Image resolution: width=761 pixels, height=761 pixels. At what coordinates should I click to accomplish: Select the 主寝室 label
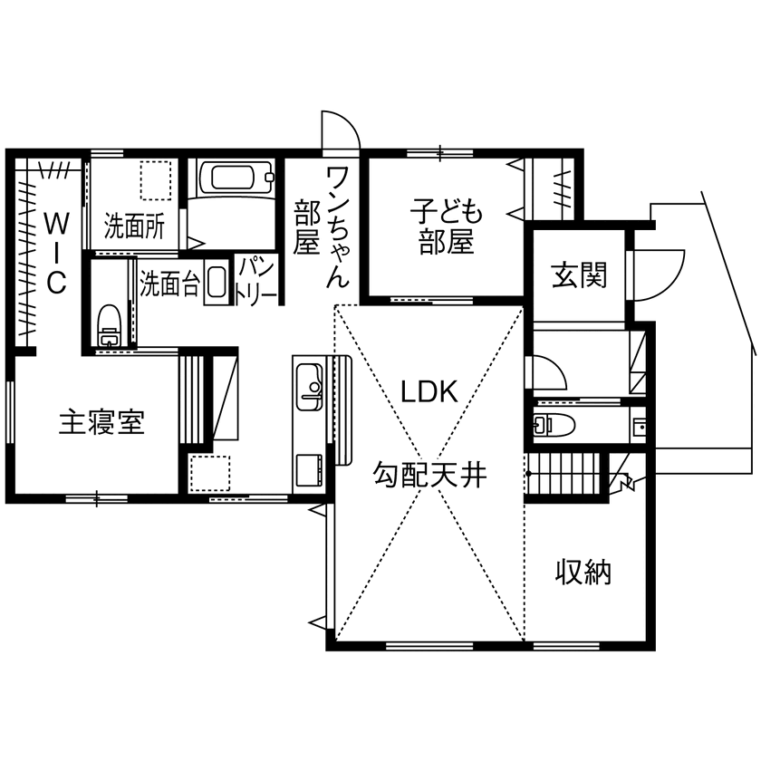[101, 422]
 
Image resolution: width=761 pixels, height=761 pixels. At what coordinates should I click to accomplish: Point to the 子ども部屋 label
[446, 229]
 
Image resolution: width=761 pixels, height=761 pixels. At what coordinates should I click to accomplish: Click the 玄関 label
[579, 275]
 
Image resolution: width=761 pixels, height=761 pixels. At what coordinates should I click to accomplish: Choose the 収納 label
[583, 572]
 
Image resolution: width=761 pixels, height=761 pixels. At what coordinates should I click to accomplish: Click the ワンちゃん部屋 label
[321, 226]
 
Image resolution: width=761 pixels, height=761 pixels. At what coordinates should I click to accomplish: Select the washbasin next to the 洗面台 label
[216, 282]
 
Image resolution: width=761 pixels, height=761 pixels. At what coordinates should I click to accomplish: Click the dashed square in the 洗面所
[157, 180]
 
